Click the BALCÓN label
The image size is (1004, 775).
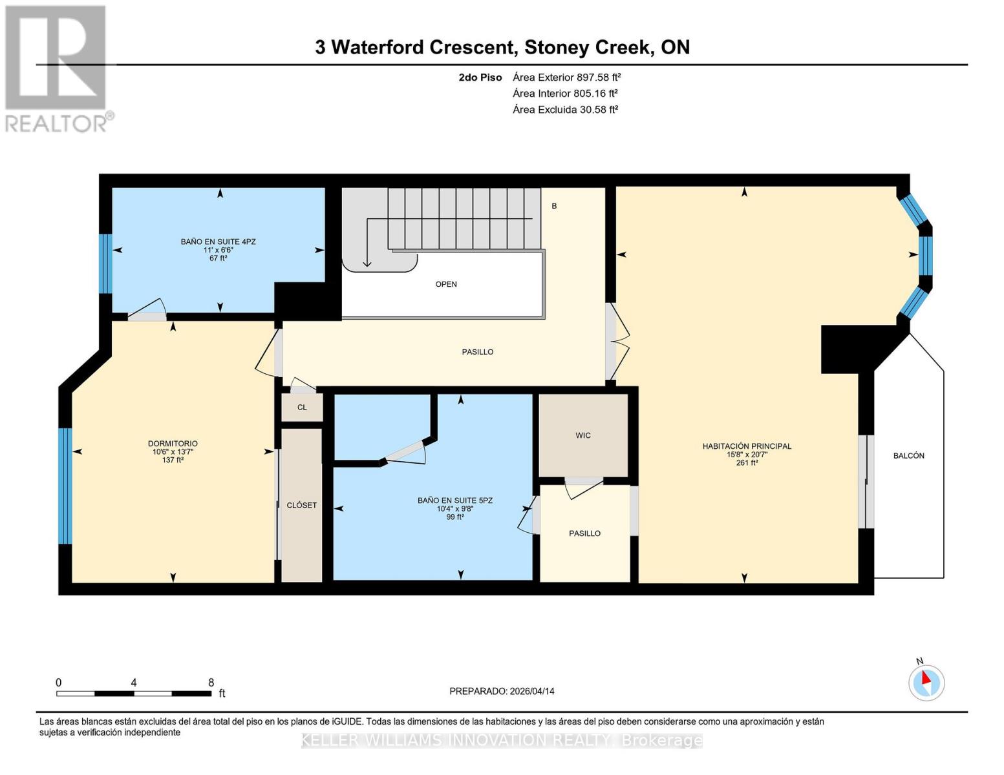coord(908,455)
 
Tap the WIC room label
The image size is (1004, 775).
coord(582,435)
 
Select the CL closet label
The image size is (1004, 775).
coord(302,408)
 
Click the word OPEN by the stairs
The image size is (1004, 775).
coord(446,284)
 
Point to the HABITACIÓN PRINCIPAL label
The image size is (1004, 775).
coord(747,446)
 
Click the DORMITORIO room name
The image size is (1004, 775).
coord(173,444)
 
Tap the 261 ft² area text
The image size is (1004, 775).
coord(747,462)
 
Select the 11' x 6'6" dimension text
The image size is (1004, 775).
coord(218,250)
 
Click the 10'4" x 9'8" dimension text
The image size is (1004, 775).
coord(455,508)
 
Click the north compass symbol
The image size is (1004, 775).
coord(926,682)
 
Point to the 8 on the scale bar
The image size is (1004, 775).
coord(211,682)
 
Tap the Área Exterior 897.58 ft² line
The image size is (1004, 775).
coord(566,77)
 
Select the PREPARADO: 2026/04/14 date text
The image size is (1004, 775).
coord(502,691)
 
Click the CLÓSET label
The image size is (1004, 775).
coord(301,505)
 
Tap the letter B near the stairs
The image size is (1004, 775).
coord(554,206)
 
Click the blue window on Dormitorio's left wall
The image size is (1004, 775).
coord(65,486)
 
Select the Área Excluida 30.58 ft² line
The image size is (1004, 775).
coord(565,109)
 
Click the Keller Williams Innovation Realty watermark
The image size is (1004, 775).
coord(502,740)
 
